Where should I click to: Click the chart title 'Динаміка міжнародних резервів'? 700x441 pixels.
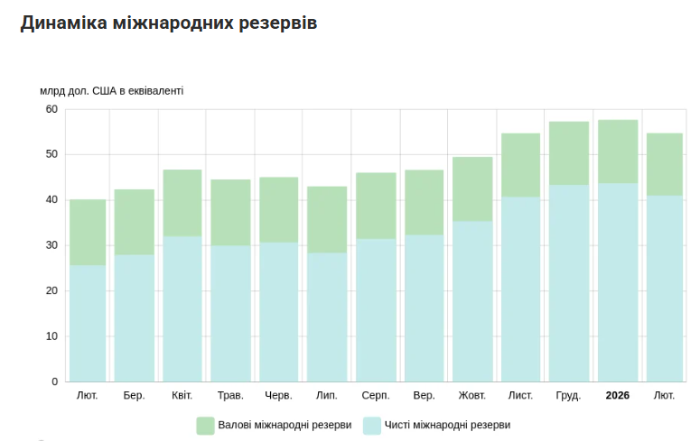click(x=168, y=23)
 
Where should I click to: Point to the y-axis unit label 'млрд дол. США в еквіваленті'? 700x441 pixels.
click(x=111, y=91)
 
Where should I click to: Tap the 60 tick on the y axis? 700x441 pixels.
click(x=51, y=109)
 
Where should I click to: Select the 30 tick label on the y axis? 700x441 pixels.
click(x=51, y=245)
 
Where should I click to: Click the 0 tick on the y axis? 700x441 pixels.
click(x=54, y=381)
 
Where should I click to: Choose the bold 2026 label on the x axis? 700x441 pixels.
click(x=618, y=396)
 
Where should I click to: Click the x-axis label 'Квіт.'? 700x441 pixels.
click(x=182, y=396)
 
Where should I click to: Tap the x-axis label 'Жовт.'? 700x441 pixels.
click(x=471, y=396)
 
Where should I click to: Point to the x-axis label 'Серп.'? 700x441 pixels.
click(x=375, y=396)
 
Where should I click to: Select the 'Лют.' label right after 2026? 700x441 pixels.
click(x=664, y=396)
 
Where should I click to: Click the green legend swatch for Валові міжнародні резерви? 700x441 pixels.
click(x=205, y=425)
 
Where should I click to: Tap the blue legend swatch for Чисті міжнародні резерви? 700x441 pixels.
click(x=371, y=425)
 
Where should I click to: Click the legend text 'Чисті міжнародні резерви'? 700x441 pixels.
click(x=447, y=425)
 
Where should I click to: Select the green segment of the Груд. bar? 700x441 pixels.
click(x=569, y=153)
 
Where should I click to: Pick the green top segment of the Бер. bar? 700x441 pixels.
click(x=134, y=222)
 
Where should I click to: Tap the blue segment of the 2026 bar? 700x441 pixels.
click(x=618, y=282)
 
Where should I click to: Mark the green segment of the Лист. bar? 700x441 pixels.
click(x=520, y=165)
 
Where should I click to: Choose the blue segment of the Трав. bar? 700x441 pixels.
click(x=230, y=313)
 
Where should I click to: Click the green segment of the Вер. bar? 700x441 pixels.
click(x=424, y=202)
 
